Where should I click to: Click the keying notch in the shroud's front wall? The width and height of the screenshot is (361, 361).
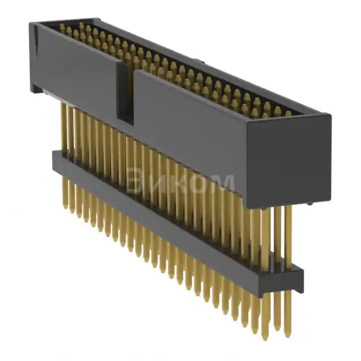(125, 94)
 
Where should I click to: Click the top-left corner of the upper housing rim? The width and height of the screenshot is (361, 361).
(32, 24)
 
